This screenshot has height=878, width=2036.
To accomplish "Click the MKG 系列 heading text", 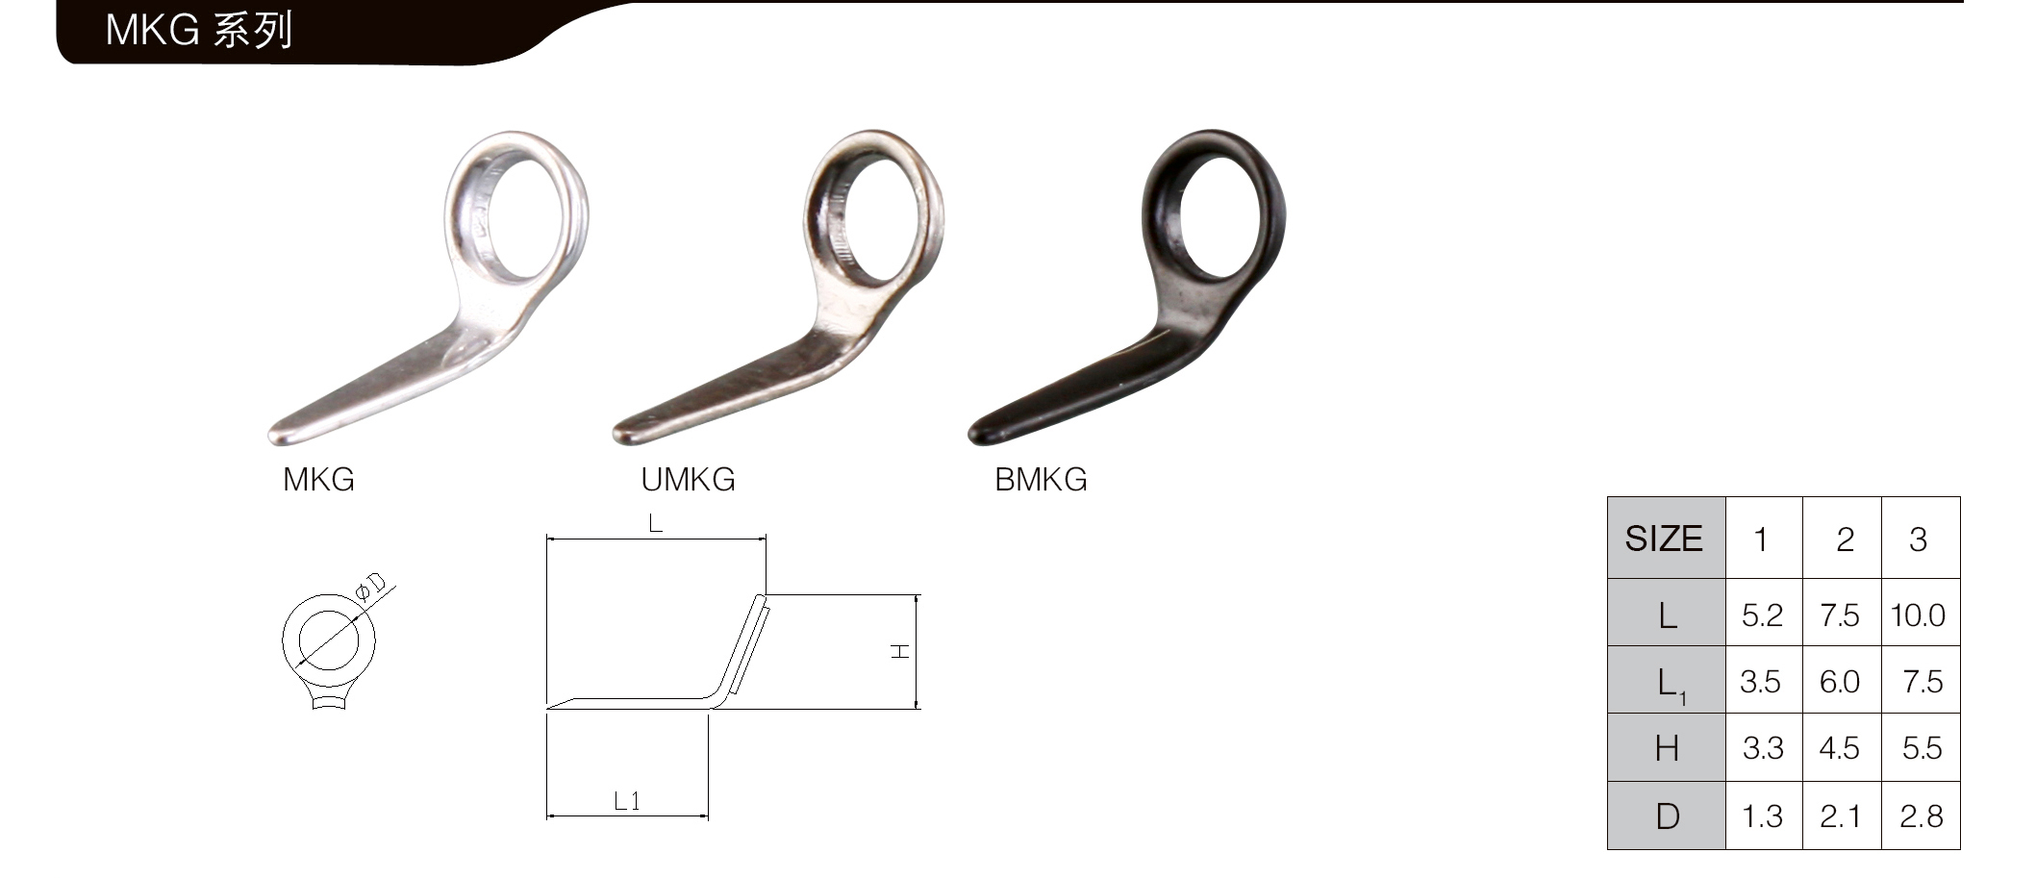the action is point(198,32).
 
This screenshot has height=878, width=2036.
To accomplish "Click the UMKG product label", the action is point(688,480).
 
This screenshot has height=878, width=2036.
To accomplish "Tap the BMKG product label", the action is point(1041,480).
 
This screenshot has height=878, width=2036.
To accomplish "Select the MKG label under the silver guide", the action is point(318,480).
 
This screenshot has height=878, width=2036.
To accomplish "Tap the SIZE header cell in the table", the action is point(1666,539).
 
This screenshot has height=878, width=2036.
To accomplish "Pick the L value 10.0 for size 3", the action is point(1918,615).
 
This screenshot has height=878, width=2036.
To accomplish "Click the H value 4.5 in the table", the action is point(1839,748).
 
